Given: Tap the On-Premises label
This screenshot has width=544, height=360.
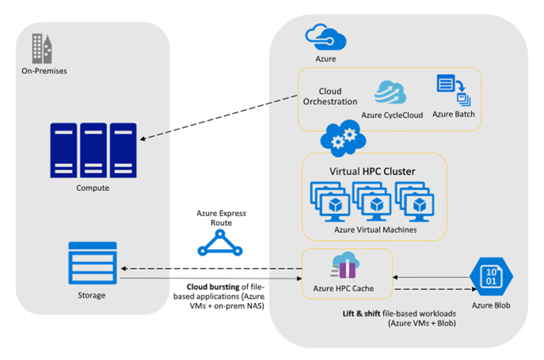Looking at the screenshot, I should (x=44, y=71).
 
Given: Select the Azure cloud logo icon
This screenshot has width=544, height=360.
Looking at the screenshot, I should (x=326, y=38).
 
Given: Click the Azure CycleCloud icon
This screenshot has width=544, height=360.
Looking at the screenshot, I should (x=390, y=93).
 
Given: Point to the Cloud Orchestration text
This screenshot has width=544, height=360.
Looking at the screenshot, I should (x=330, y=96).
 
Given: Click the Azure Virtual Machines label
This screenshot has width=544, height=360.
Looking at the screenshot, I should (x=375, y=230).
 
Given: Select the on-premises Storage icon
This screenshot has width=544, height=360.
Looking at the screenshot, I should (x=92, y=264).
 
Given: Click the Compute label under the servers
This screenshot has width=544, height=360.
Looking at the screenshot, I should (x=92, y=188).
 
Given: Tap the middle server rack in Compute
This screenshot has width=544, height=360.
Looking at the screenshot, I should (x=93, y=150).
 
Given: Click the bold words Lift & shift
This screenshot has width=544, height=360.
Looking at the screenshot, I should (x=361, y=313).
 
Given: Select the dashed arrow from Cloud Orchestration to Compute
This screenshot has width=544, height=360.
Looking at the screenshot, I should (x=218, y=118).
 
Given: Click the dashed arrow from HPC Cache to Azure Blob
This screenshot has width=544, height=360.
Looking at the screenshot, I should (x=433, y=289).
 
